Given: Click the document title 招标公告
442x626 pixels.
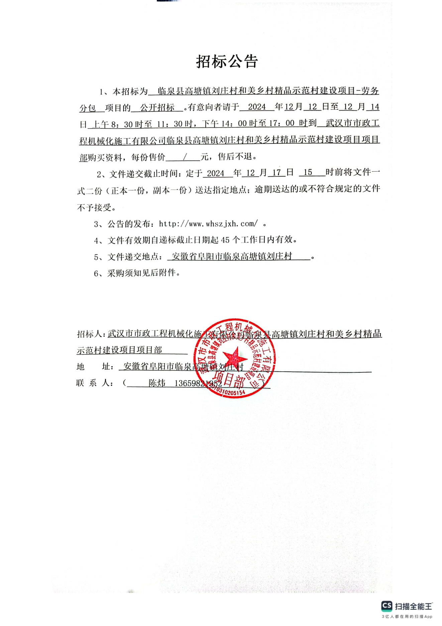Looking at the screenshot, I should [227, 62].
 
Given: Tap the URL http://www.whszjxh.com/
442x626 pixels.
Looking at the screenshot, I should [208, 223].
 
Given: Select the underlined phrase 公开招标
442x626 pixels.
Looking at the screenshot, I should [157, 107].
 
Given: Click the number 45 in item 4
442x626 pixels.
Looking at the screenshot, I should [226, 240].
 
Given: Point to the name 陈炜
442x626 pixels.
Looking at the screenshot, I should [157, 383].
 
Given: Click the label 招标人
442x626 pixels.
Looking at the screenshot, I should [90, 334].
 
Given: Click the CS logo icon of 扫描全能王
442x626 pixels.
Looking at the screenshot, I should [386, 606].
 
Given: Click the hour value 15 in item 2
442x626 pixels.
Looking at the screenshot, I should [308, 173].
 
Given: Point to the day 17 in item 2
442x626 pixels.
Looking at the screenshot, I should [276, 173].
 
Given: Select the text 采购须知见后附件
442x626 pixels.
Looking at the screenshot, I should [141, 273].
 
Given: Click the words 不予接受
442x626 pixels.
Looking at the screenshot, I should [96, 207].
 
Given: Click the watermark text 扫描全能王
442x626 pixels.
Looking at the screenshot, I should [414, 606].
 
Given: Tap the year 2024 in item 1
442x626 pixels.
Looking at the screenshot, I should [257, 107].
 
